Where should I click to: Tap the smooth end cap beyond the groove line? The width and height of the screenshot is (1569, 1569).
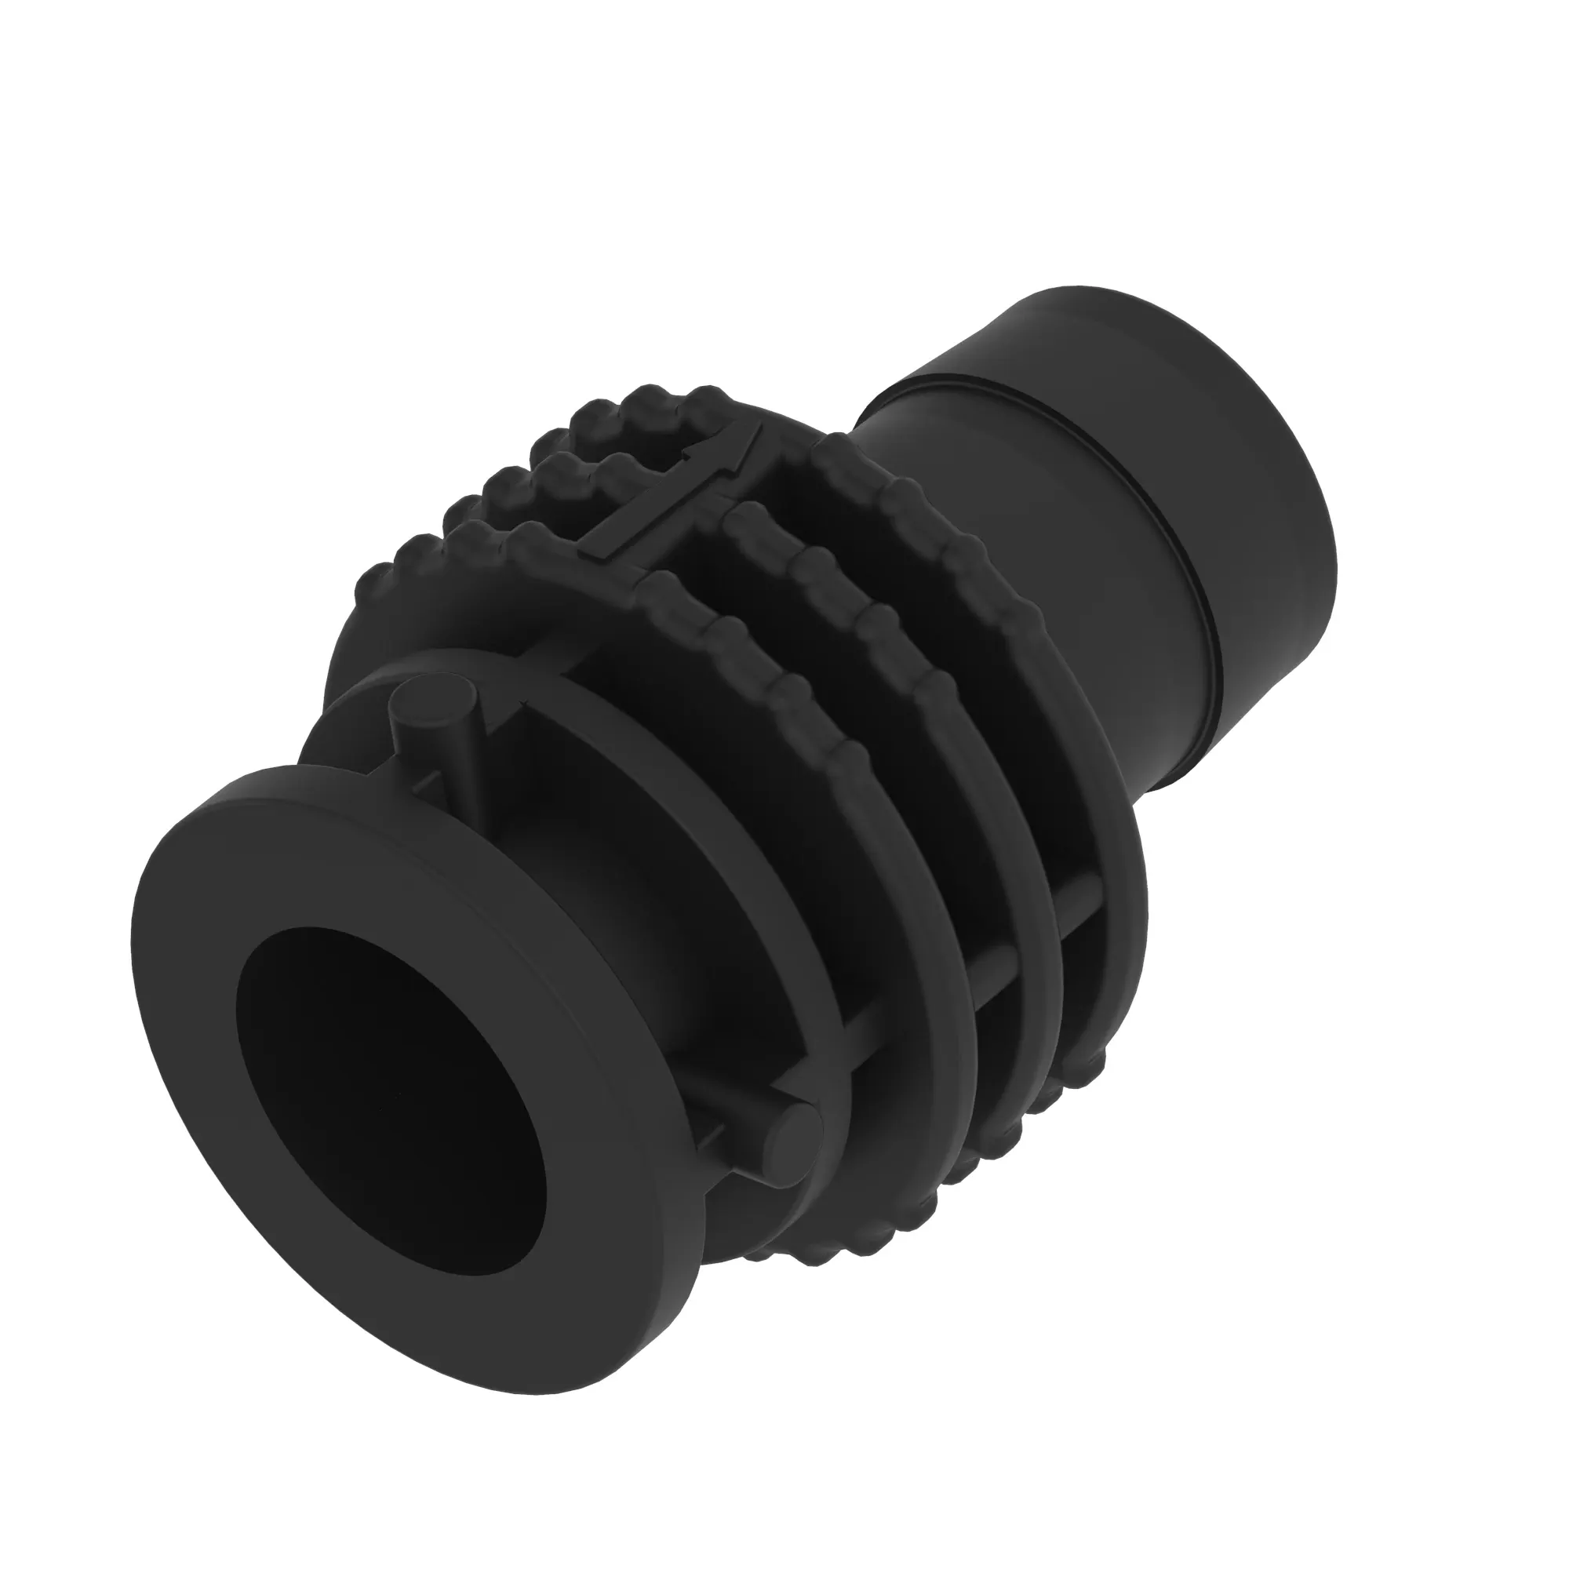(1218, 455)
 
